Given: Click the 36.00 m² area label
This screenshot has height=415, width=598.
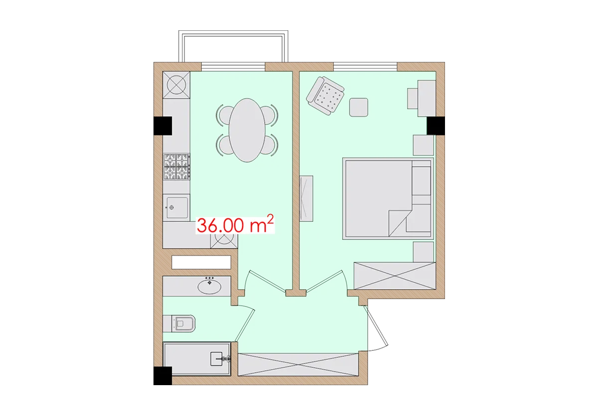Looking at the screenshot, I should [236, 225].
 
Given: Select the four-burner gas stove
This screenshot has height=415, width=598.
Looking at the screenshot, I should [177, 166].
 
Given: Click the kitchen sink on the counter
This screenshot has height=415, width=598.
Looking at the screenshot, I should [176, 207].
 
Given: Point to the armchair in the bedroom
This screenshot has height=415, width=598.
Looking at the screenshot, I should [326, 96].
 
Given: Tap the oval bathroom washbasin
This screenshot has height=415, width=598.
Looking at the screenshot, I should [210, 286].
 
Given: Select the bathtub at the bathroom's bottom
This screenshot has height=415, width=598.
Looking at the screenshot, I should [197, 358].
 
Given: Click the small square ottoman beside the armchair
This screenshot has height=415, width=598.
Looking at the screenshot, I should [359, 107].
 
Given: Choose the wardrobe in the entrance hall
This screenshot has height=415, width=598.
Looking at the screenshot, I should [299, 364].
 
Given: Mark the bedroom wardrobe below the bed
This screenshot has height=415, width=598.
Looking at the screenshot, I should [394, 275].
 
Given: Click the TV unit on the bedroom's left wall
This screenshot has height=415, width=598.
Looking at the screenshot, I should [306, 199].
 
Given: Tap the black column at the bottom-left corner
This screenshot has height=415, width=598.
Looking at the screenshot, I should [161, 376].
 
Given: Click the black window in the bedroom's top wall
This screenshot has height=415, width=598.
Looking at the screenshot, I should [365, 65].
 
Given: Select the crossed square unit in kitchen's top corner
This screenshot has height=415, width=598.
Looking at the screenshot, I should [177, 84].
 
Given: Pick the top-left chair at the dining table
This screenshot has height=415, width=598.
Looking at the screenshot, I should [223, 114].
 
